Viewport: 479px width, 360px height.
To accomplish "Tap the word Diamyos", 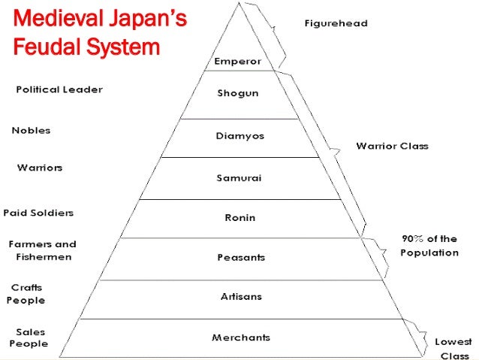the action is (240, 136).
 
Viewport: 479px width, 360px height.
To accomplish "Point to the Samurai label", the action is (239, 178).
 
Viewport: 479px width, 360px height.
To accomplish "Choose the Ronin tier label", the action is (239, 218).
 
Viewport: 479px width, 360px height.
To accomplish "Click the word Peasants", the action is (239, 258).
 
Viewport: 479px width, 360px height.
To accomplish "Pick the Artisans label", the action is (240, 297).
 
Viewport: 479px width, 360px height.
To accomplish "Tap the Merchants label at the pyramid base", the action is (240, 337).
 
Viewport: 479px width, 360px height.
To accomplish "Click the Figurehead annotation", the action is (336, 23).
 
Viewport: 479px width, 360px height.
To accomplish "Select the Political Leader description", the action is (59, 89).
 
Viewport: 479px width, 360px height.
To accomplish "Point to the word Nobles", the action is (31, 130).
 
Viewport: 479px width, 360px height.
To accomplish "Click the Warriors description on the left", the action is (40, 167).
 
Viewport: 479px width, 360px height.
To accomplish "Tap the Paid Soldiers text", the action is (38, 213).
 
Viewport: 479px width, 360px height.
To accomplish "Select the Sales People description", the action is (28, 337).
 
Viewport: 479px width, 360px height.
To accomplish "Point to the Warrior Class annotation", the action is (392, 146).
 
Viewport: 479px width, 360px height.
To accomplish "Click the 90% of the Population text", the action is (429, 246).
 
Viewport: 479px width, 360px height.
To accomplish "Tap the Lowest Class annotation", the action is (453, 348).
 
